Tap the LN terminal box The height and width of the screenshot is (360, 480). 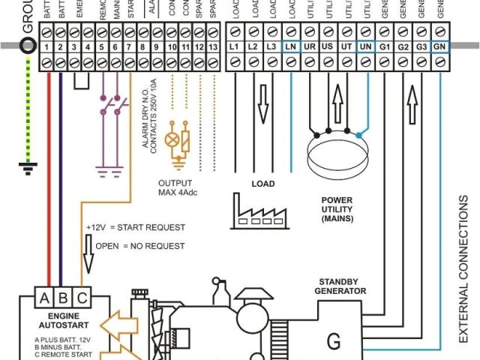point(291,47)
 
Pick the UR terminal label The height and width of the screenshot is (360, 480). point(309,47)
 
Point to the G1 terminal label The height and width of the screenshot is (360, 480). point(384,47)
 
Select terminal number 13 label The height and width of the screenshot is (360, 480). point(214,47)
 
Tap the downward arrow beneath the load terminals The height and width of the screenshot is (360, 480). point(262,103)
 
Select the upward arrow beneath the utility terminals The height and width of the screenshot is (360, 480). point(337,103)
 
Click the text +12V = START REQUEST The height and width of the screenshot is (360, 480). point(135,226)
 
